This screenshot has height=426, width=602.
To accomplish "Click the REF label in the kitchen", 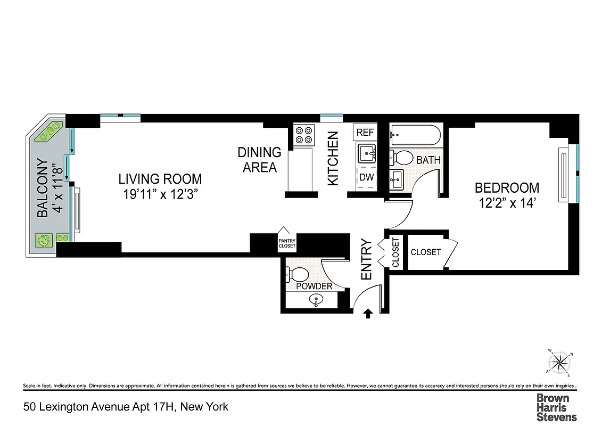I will click(365, 133).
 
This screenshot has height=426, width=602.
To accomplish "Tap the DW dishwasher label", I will click(366, 177).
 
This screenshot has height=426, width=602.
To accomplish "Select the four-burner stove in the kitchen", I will click(304, 135).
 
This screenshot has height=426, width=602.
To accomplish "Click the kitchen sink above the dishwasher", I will click(366, 154).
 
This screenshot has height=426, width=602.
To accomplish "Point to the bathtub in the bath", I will click(415, 135).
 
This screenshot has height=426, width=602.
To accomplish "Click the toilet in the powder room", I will click(299, 274).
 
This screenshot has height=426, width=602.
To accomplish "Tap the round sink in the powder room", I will click(316, 300).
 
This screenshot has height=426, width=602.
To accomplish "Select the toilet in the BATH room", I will click(402, 158).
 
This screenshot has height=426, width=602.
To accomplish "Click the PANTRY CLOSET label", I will click(287, 243).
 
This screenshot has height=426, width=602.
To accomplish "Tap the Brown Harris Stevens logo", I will click(556, 407).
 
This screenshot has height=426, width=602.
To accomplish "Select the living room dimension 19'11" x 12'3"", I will click(160, 194).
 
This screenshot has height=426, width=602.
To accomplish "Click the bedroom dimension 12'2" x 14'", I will click(507, 203).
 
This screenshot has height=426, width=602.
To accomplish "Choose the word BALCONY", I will click(43, 189).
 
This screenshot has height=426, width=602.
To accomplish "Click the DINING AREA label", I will click(259, 160).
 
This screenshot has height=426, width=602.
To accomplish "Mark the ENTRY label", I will click(367, 260).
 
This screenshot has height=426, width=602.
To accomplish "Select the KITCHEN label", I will click(333, 159).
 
